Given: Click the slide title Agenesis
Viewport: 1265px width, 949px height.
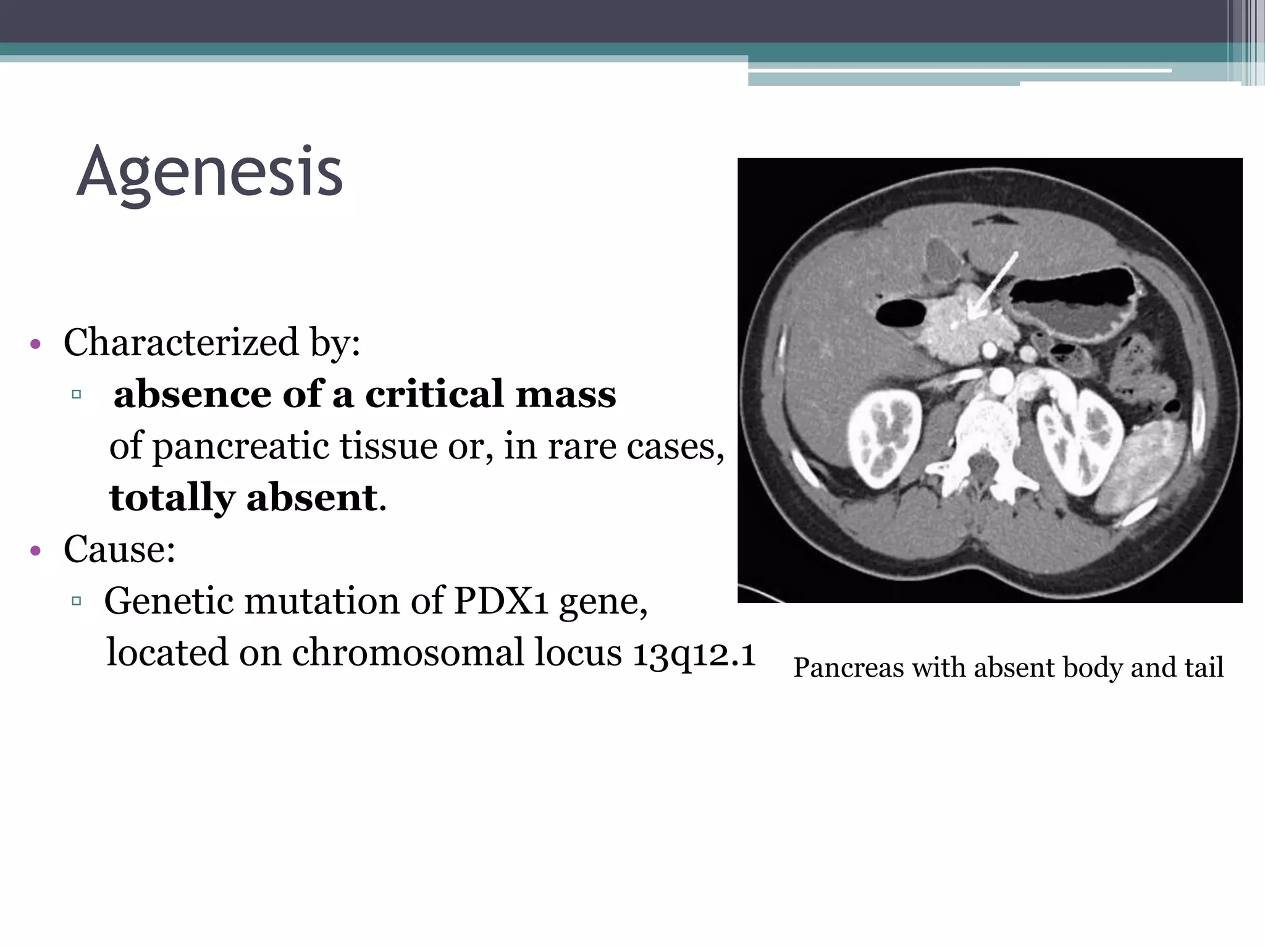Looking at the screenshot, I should click(x=209, y=172).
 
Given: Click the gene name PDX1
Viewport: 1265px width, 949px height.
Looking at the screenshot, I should click(x=500, y=601).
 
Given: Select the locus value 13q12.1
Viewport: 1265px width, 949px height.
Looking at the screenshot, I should click(x=694, y=652).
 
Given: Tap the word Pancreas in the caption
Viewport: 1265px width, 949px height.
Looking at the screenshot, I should click(x=848, y=668).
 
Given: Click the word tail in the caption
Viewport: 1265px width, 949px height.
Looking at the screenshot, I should click(x=1204, y=668).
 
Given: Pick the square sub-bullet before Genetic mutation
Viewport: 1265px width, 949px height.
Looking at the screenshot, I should click(x=77, y=601).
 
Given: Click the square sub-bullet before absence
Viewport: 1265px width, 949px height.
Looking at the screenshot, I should click(x=77, y=394).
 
